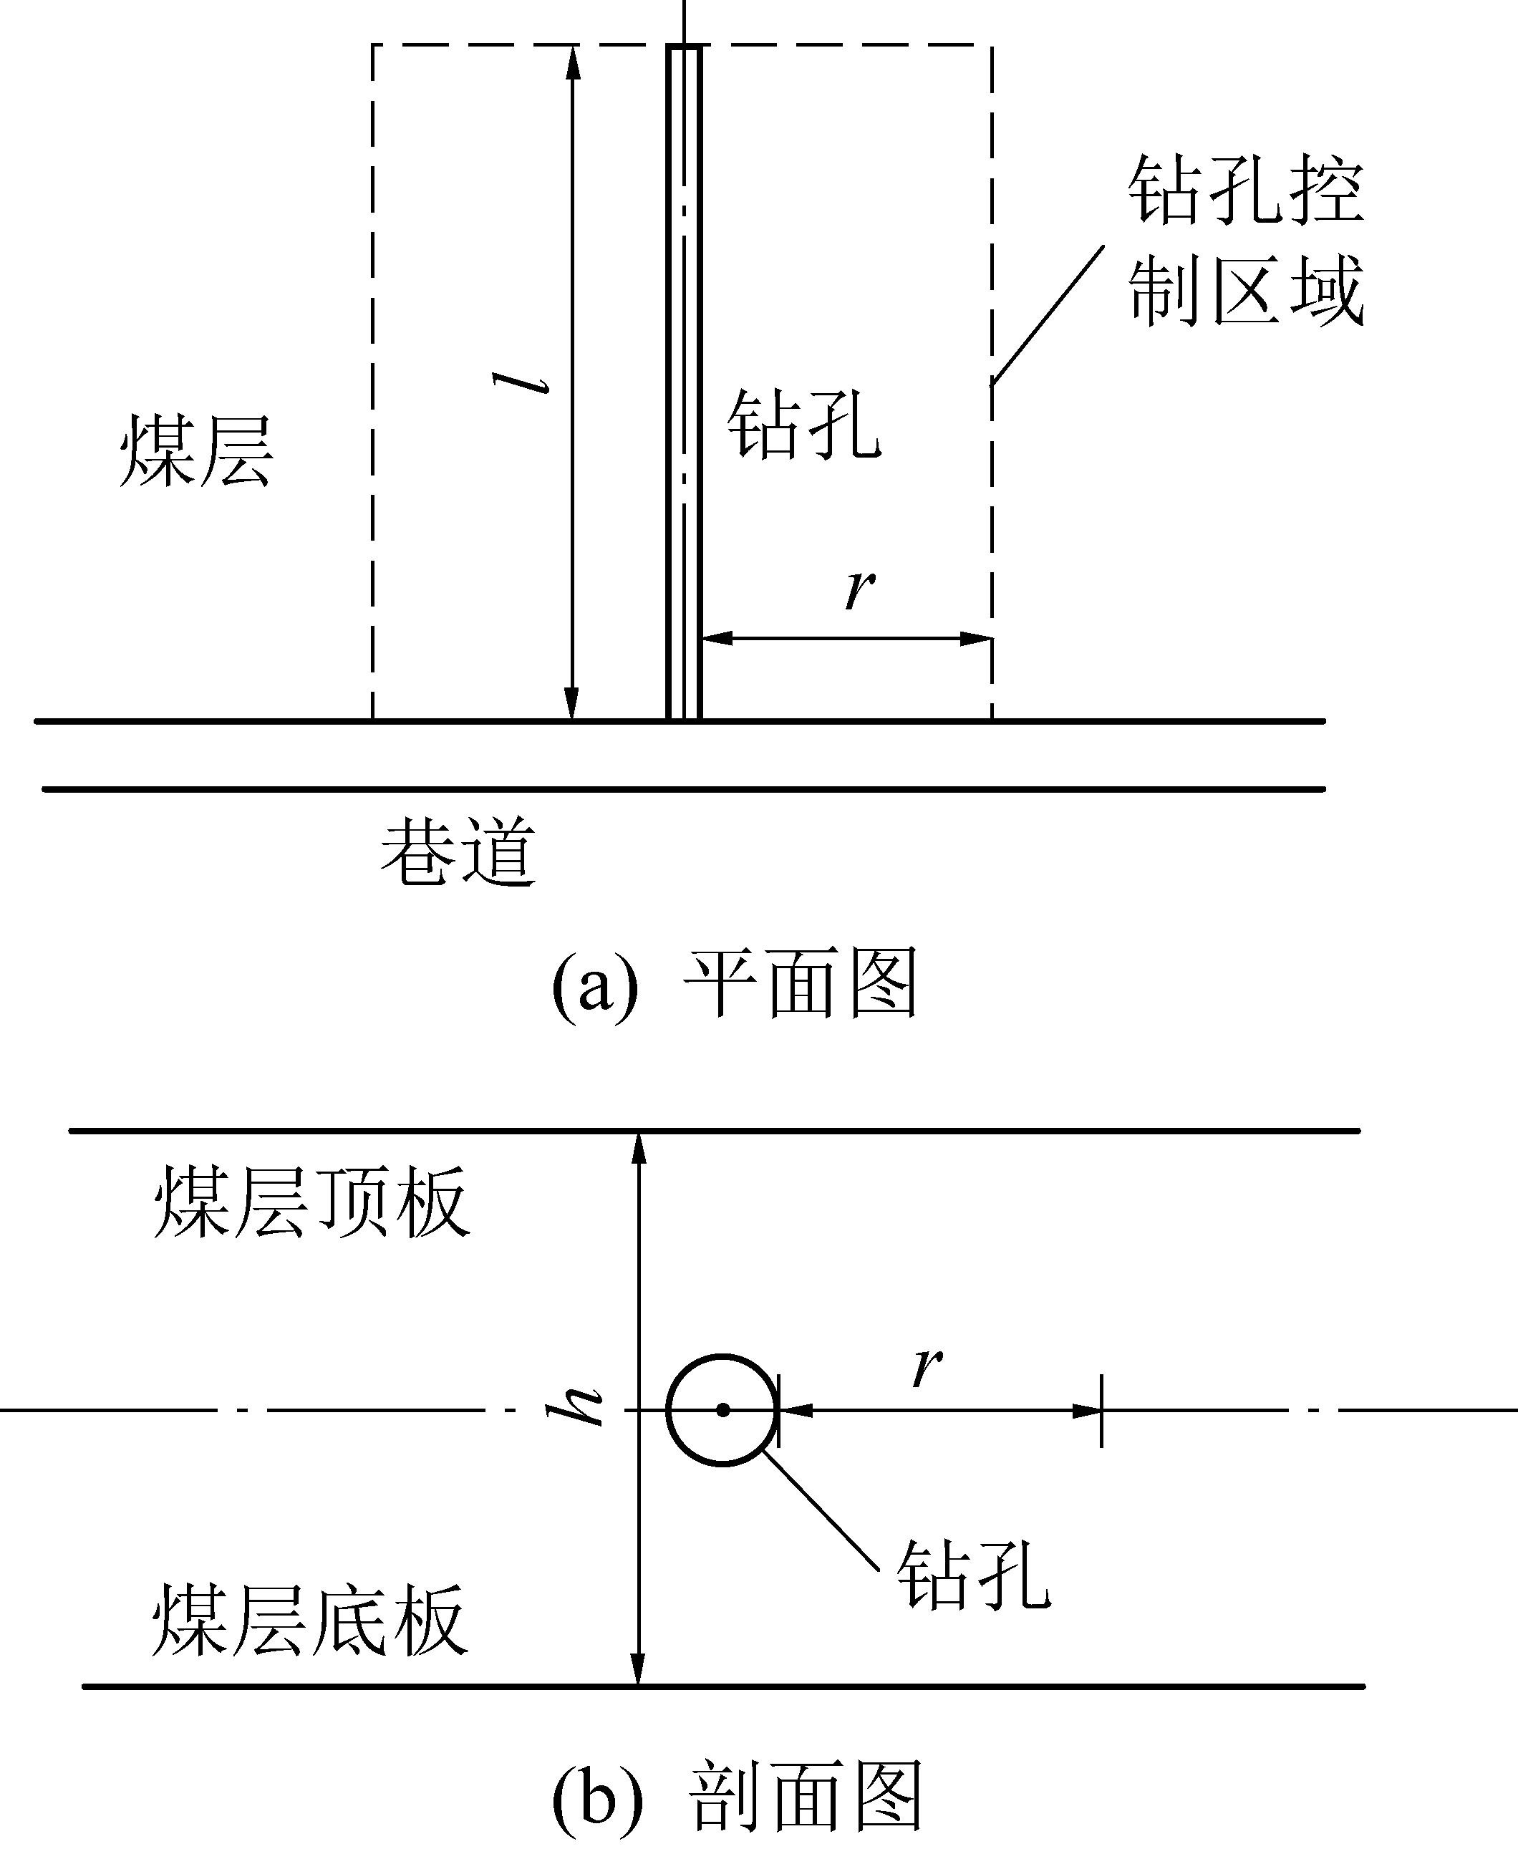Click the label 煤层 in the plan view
pyautogui.click(x=196, y=451)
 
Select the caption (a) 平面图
pyautogui.click(x=735, y=983)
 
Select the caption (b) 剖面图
pyautogui.click(x=737, y=1795)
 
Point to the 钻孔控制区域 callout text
pyautogui.click(x=1245, y=240)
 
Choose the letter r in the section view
pyautogui.click(x=927, y=1366)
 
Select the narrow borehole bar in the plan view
pyautogui.click(x=684, y=385)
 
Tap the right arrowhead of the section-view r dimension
pyautogui.click(x=1086, y=1411)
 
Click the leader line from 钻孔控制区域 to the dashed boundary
pyautogui.click(x=1047, y=315)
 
